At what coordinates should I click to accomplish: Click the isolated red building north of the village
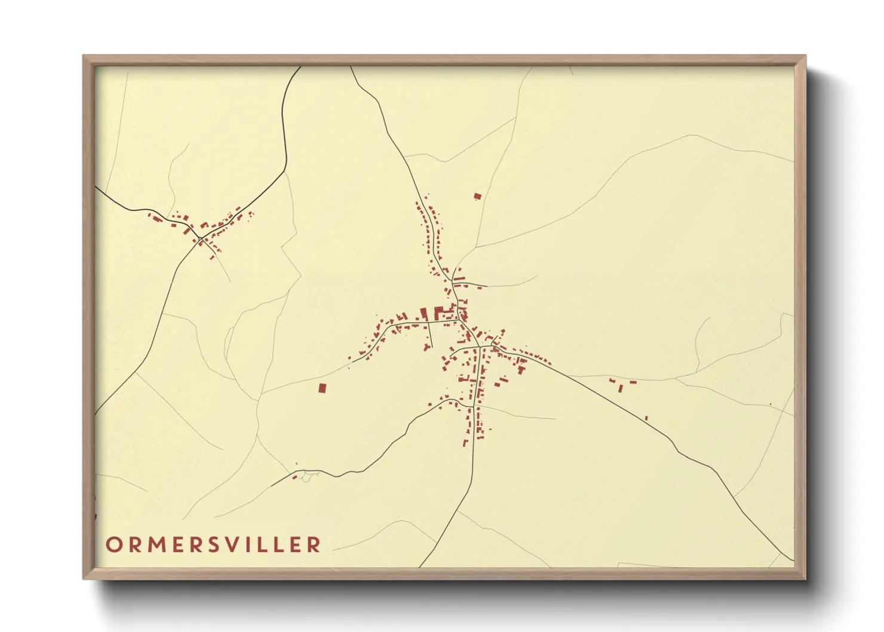point(477,196)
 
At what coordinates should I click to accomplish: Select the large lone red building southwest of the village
point(322,388)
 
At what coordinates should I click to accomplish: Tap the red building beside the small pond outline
point(294,477)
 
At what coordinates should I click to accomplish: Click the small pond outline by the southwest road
point(307,476)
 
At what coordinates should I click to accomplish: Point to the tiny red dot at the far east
point(771,404)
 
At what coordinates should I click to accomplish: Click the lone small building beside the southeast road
point(646,418)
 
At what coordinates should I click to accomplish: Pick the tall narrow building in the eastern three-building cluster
point(621,388)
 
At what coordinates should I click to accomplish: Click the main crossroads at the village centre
point(479,346)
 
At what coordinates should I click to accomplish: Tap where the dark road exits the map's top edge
point(300,67)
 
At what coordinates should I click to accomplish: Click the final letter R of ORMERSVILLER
point(314,545)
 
